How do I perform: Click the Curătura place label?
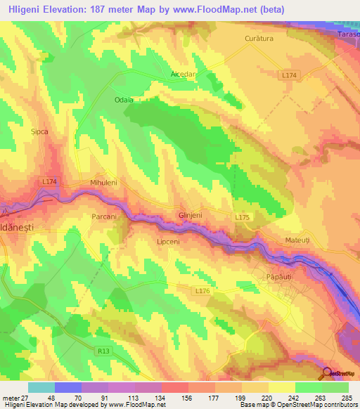(x=258, y=38)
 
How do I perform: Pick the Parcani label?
(x=104, y=217)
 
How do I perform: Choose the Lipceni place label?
(x=168, y=240)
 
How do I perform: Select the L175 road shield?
(x=242, y=218)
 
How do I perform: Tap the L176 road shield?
(x=202, y=290)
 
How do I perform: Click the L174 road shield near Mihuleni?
(x=49, y=181)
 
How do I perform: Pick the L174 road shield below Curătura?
(x=288, y=74)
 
